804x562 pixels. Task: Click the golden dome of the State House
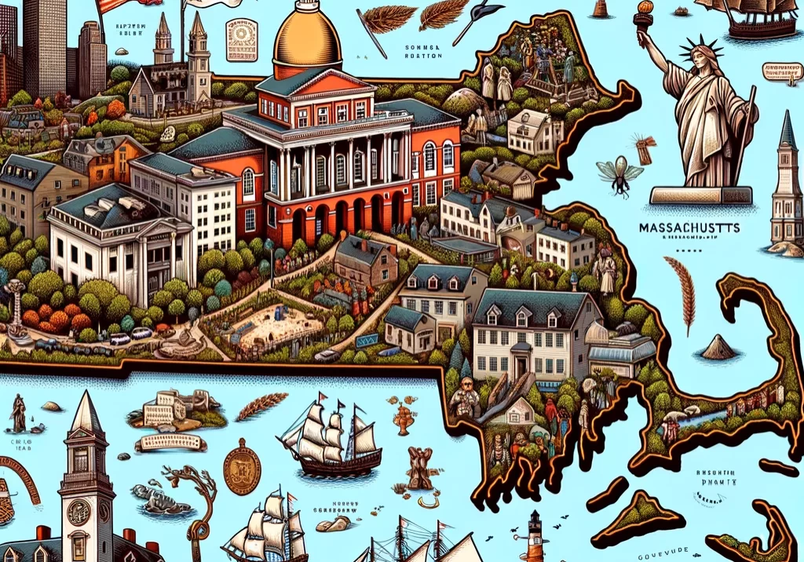click(x=308, y=39)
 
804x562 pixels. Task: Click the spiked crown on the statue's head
click(x=695, y=53)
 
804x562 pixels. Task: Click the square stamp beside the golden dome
click(x=241, y=40)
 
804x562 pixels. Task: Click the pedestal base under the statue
click(x=696, y=195)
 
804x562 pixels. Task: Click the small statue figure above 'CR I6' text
click(x=18, y=414)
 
